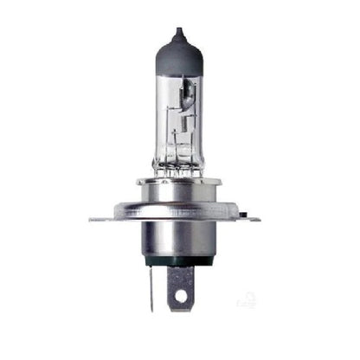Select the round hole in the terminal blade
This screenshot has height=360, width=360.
point(180,298)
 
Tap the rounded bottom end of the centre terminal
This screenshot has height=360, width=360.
point(180,309)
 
